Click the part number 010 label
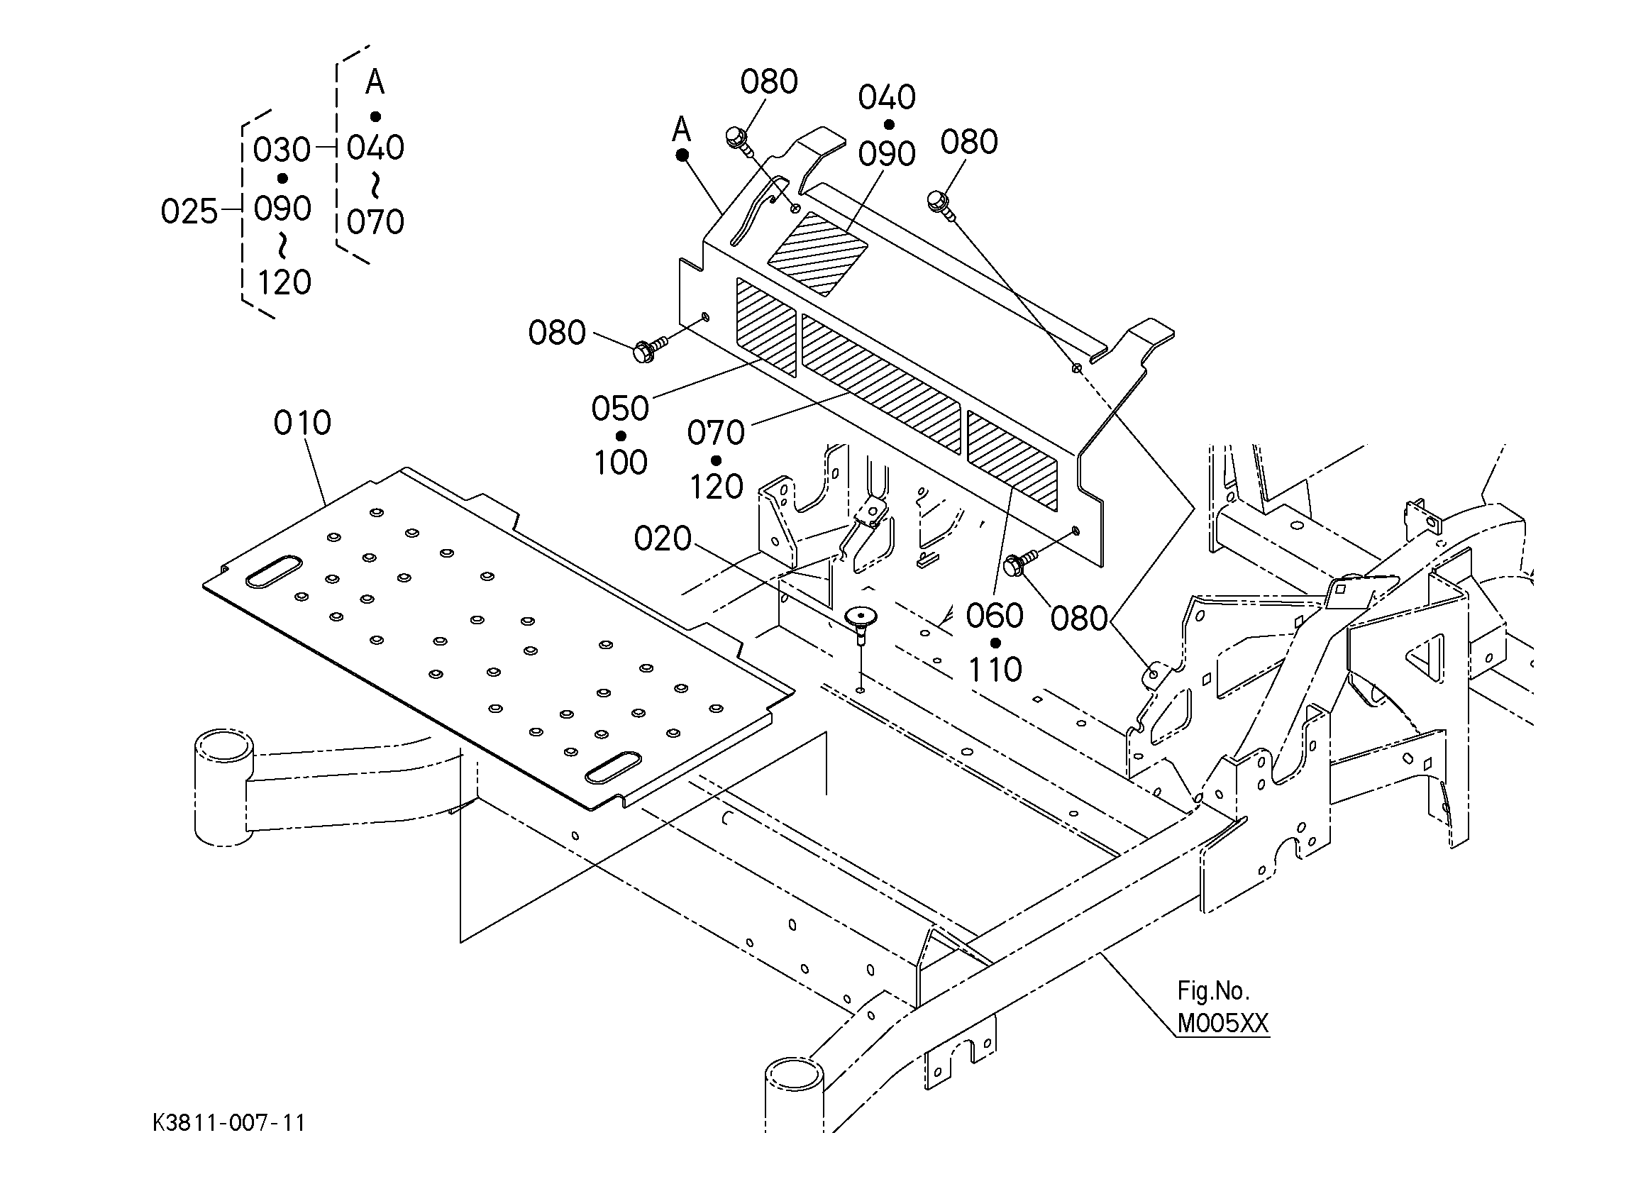[x=302, y=423]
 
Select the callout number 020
[x=663, y=538]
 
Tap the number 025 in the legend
[x=189, y=212]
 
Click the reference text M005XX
[x=1222, y=1023]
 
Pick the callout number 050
[x=620, y=409]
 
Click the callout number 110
[x=995, y=670]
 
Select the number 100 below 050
[x=621, y=463]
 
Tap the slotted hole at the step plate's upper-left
[x=273, y=572]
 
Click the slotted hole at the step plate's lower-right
[x=614, y=768]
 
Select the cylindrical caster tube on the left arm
[x=223, y=787]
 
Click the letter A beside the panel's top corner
[x=681, y=131]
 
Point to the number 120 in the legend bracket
[x=284, y=282]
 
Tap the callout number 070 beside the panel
[x=716, y=433]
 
